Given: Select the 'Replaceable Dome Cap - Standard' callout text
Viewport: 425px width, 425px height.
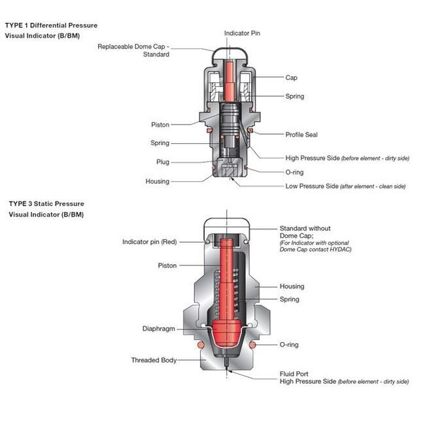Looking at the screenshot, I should (x=134, y=50).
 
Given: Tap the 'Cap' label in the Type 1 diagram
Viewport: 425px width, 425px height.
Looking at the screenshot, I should (x=291, y=77).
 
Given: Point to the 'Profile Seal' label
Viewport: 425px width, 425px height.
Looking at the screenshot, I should (x=301, y=135).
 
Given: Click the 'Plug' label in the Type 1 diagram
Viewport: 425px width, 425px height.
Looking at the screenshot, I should (x=162, y=161).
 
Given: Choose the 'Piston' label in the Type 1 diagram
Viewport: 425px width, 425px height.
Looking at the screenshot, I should (x=160, y=124).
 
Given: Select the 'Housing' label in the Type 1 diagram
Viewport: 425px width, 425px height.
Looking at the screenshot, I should (x=157, y=181).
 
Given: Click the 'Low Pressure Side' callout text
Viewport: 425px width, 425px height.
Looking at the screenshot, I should (x=312, y=186).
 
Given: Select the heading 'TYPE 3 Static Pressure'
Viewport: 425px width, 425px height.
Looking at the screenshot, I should (x=46, y=203).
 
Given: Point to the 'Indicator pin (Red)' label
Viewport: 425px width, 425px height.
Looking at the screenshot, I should (x=150, y=242).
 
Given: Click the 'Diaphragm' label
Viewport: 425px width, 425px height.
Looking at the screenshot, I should (x=159, y=329).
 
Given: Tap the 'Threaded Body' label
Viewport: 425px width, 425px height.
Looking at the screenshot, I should (x=154, y=360).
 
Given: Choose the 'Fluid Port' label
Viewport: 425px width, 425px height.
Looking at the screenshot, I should (x=294, y=373).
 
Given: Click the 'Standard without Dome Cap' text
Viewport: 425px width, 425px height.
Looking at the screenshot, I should (x=305, y=232).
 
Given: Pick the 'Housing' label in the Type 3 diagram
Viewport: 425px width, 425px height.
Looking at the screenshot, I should (x=292, y=286).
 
